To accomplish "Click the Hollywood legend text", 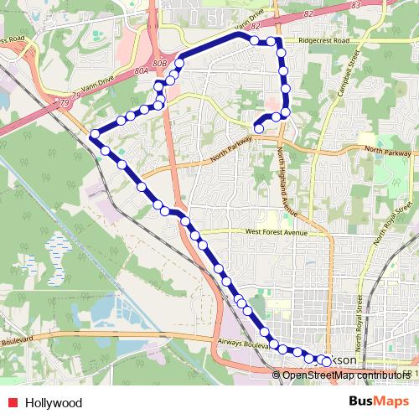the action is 56,401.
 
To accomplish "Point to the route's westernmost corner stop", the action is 94,135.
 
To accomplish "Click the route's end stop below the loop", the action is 258,128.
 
